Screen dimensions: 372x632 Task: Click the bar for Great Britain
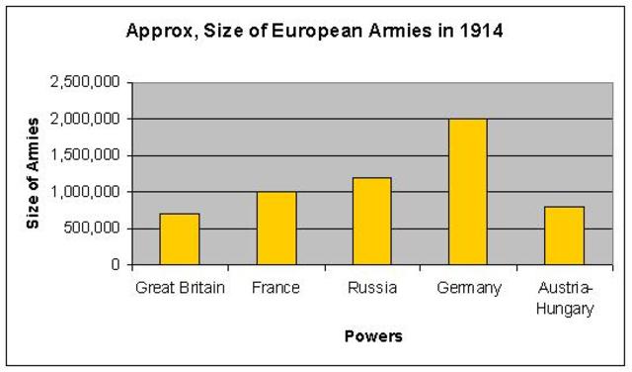pyautogui.click(x=180, y=239)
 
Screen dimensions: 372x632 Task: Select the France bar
pyautogui.click(x=276, y=229)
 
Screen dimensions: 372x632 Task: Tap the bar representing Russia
pyautogui.click(x=372, y=222)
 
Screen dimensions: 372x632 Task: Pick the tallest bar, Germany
pyautogui.click(x=468, y=192)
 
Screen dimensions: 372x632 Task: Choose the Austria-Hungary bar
pyautogui.click(x=564, y=235)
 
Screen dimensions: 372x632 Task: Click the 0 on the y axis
pyautogui.click(x=116, y=265)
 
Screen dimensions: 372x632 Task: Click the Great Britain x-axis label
pyautogui.click(x=179, y=288)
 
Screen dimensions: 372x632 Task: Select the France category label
pyautogui.click(x=276, y=288)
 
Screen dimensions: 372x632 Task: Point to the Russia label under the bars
pyautogui.click(x=372, y=288)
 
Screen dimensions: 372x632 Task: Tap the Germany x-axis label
pyautogui.click(x=468, y=288)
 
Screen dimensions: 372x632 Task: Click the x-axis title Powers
pyautogui.click(x=372, y=336)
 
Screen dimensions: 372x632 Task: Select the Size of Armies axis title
pyautogui.click(x=34, y=173)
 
